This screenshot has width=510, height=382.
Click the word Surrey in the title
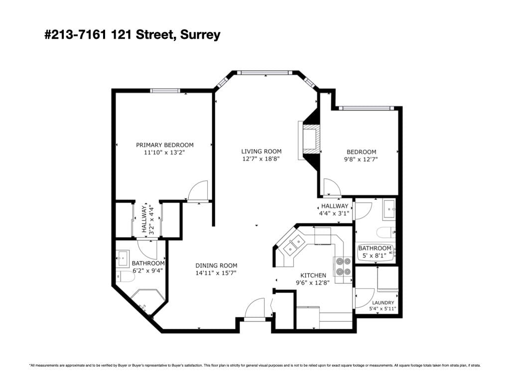200,34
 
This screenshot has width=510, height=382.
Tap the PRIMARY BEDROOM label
164,145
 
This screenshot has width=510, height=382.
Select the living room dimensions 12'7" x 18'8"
261,159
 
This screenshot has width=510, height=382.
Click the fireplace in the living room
309,140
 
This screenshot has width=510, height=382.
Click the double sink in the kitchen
294,245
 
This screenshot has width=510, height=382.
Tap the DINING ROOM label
216,266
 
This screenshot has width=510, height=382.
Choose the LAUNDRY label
383,303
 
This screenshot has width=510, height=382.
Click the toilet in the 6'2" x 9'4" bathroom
126,277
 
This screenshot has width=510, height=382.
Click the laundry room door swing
365,298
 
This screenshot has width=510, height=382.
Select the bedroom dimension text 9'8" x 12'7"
361,160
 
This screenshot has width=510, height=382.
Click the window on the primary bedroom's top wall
165,91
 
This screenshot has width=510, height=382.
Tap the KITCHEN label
313,276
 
